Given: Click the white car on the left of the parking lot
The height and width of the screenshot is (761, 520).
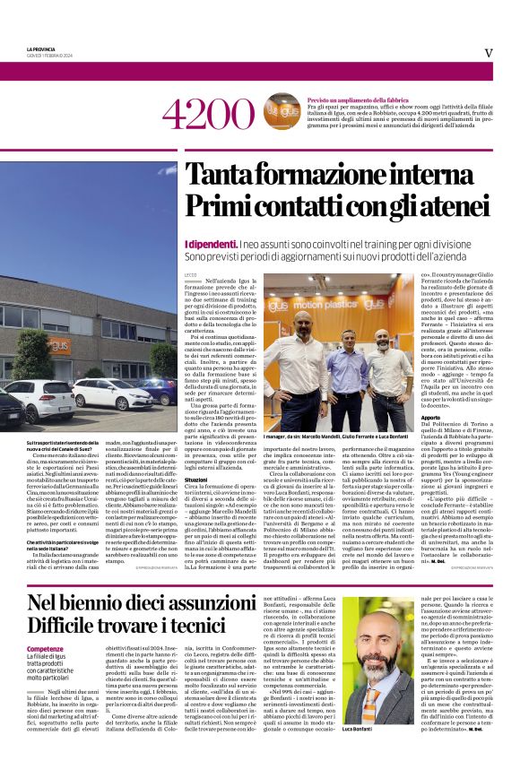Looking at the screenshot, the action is [x=42, y=401].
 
